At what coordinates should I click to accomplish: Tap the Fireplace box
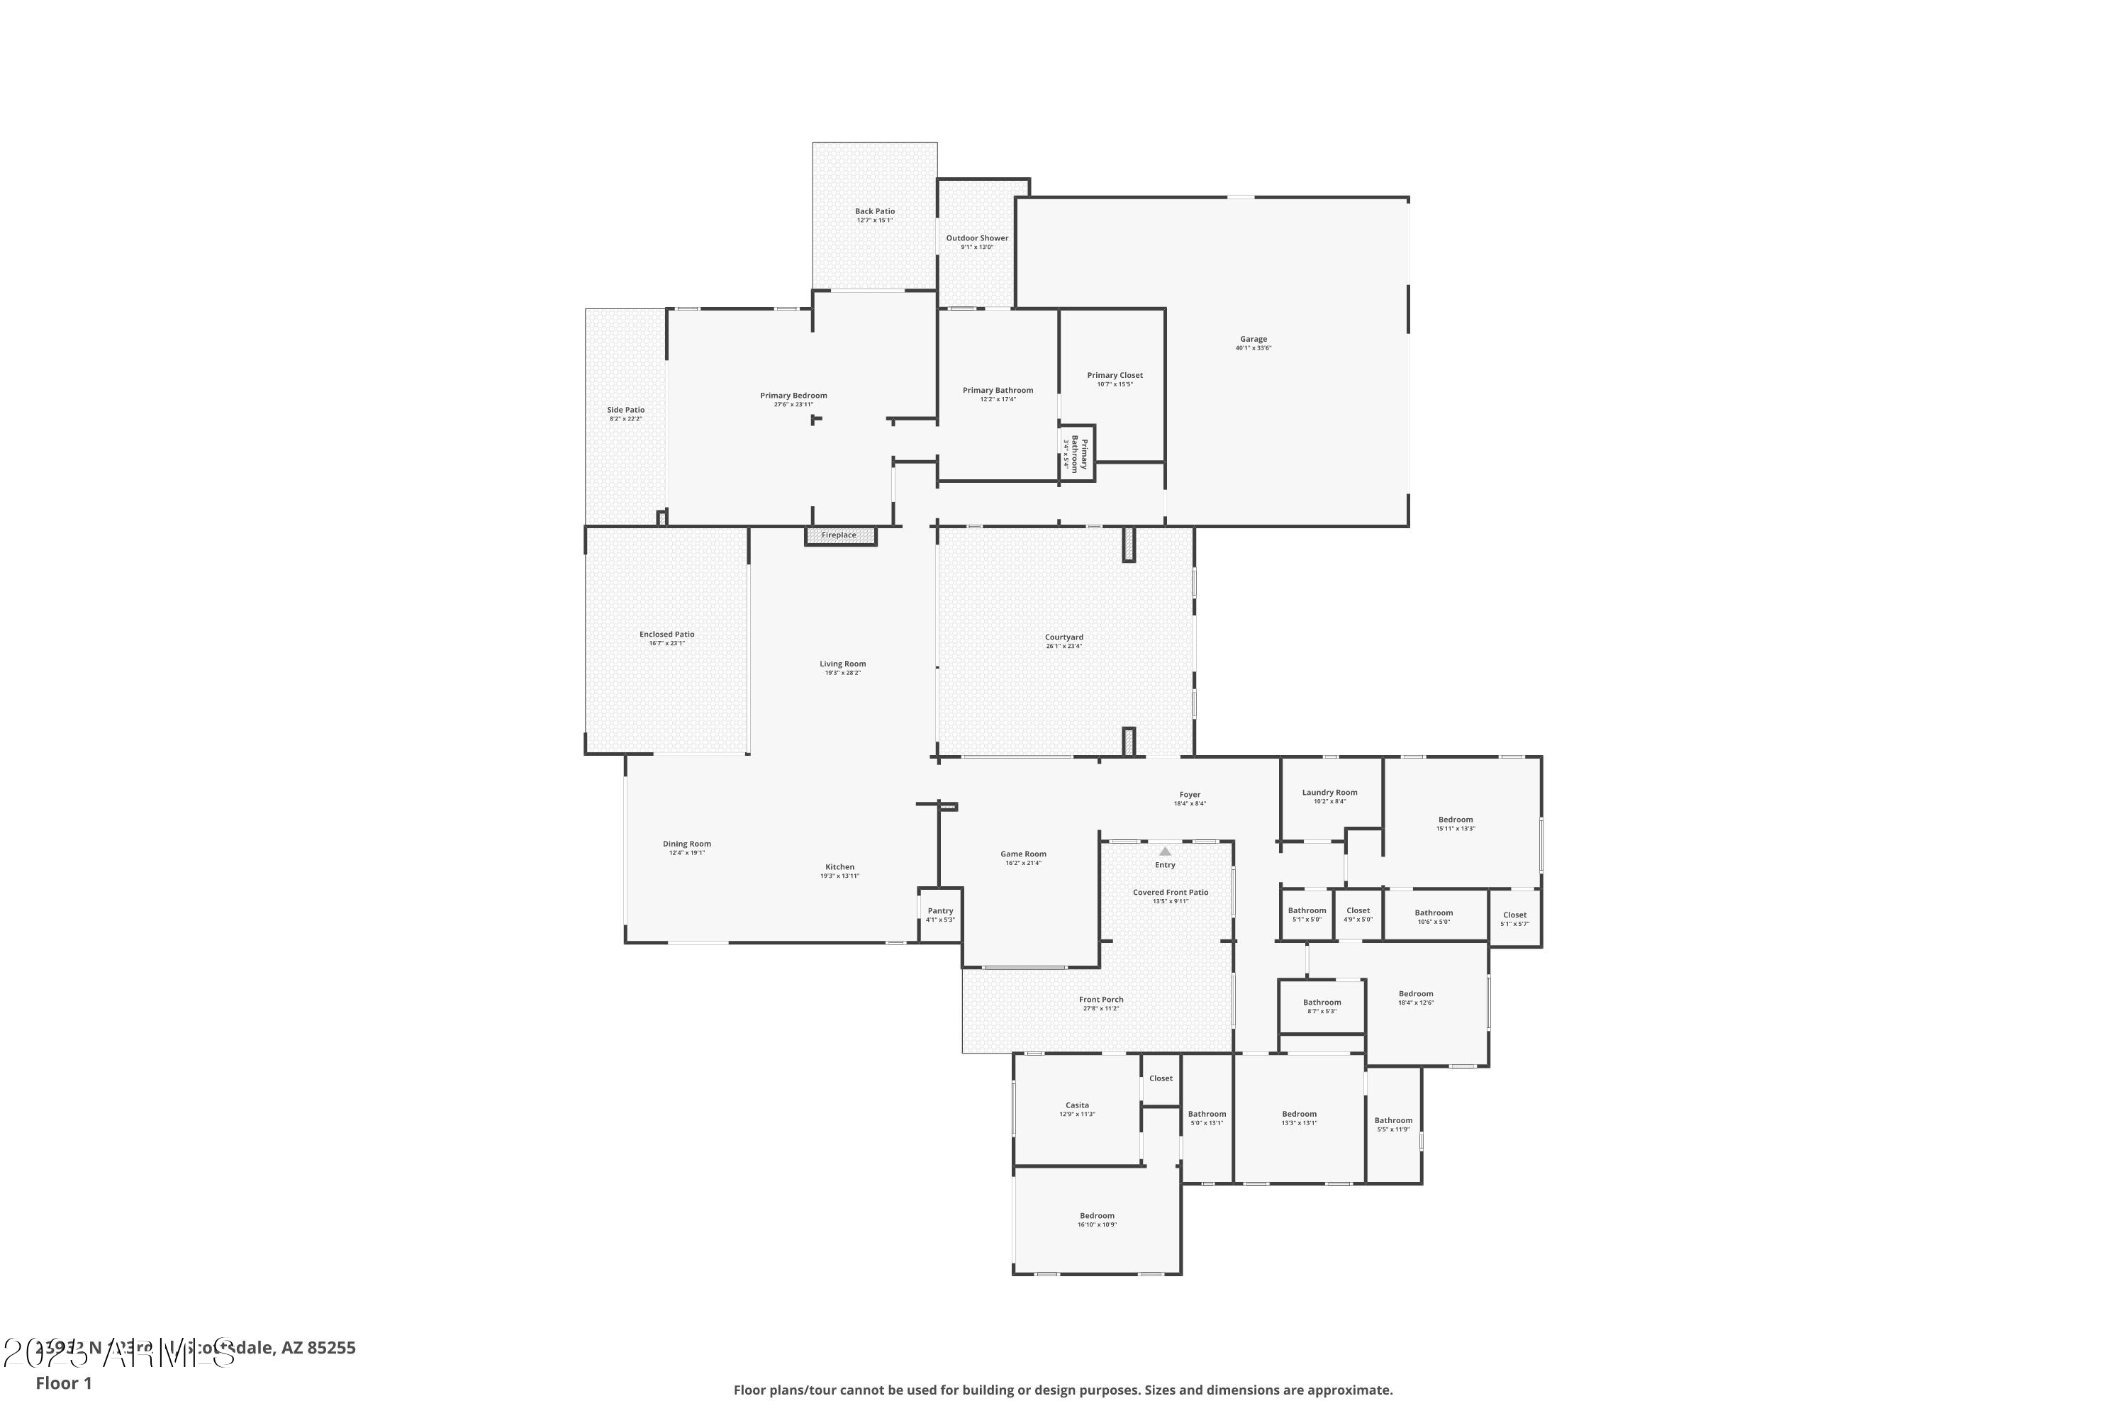point(840,535)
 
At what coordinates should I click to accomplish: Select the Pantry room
point(939,915)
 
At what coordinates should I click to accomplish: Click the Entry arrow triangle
point(1165,851)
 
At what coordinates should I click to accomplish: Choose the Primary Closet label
point(1114,375)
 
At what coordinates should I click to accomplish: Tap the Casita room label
point(1077,1105)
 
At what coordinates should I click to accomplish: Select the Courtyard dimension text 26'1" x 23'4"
point(1063,647)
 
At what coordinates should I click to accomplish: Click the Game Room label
point(1023,854)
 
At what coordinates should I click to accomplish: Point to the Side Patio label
point(626,411)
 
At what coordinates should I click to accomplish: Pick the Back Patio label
point(874,211)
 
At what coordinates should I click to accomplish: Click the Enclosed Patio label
point(666,635)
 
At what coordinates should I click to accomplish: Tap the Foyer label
point(1189,795)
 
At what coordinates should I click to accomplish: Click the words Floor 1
point(63,1383)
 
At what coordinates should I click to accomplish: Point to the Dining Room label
point(686,844)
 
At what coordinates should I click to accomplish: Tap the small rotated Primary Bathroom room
point(1077,452)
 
